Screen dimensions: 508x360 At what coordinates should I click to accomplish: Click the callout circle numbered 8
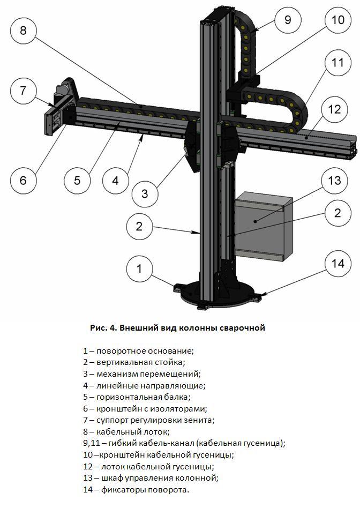(x=22, y=29)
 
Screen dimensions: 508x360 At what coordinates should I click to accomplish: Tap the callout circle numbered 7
(x=22, y=91)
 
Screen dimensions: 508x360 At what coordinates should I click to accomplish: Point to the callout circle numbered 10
(x=337, y=20)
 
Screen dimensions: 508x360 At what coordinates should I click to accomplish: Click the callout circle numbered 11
(x=337, y=63)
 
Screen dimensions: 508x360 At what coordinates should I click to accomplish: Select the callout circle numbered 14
(x=337, y=263)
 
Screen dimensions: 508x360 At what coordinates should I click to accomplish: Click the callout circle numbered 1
(x=139, y=268)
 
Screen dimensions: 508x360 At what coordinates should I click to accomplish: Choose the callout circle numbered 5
(x=77, y=180)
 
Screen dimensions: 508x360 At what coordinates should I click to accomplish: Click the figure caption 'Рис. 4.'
(x=103, y=327)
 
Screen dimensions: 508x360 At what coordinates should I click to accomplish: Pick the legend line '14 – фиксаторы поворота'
(x=136, y=489)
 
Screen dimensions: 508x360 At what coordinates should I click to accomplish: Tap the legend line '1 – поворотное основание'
(x=138, y=350)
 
